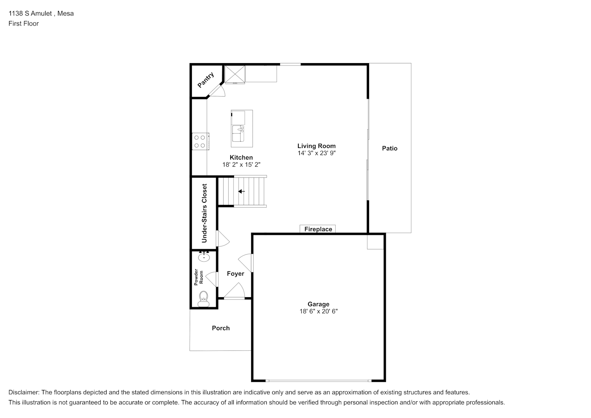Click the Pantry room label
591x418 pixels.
(206, 80)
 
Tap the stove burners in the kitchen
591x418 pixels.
(200, 141)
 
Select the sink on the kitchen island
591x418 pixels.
(238, 133)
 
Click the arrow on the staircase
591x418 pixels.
(242, 191)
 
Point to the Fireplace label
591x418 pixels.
(318, 229)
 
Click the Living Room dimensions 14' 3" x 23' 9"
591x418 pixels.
(317, 153)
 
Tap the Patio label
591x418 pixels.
(390, 148)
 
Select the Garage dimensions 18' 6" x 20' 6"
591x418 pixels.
(318, 311)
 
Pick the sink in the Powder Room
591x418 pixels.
(204, 257)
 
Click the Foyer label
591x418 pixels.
(236, 274)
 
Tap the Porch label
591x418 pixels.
(221, 328)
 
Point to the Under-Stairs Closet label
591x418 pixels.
(204, 213)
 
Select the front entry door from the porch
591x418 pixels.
(234, 291)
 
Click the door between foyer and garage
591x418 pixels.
(246, 263)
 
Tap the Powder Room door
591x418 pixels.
(212, 279)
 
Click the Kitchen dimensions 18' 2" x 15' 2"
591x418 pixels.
(242, 165)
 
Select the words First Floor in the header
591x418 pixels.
(23, 23)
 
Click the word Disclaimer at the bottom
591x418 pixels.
(24, 393)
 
